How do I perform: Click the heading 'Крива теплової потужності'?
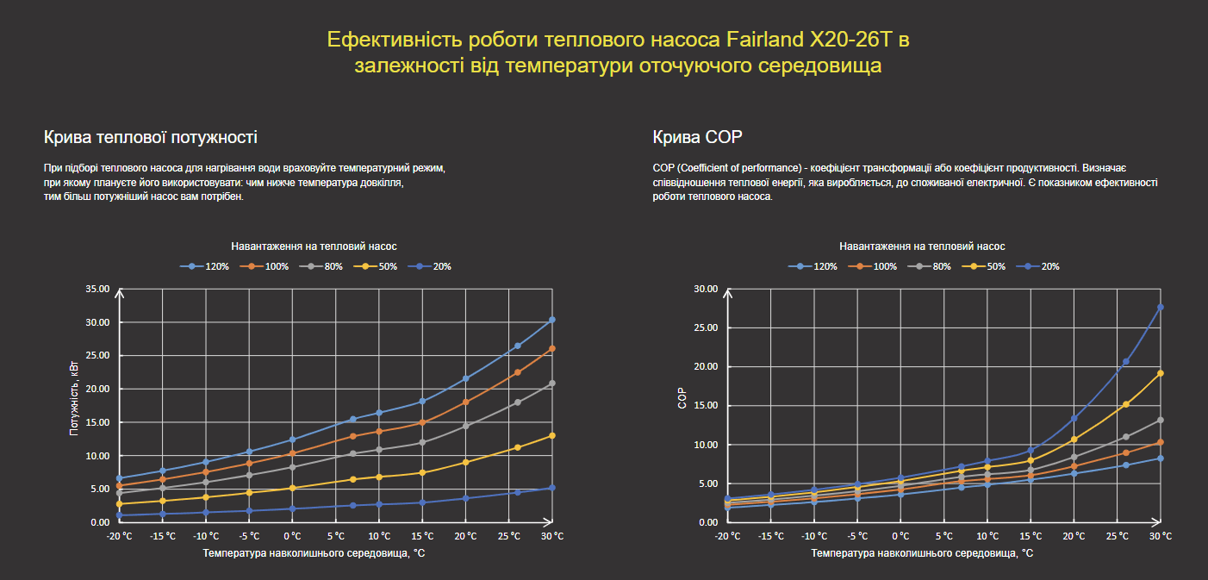(x=150, y=137)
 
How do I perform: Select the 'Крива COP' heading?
(x=697, y=137)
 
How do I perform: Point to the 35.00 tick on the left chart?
(x=97, y=289)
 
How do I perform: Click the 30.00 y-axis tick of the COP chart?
(x=706, y=289)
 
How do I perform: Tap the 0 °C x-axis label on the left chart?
(x=292, y=536)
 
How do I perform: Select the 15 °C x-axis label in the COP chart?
(x=1031, y=536)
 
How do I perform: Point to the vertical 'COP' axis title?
(x=682, y=401)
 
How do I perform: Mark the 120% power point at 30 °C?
(x=552, y=320)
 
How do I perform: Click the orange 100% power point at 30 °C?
(x=552, y=348)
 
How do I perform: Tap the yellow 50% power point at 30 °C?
(x=552, y=435)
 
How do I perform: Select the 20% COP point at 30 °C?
(x=1161, y=307)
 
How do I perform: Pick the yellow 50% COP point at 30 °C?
(x=1161, y=373)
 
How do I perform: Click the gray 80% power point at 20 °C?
(x=465, y=426)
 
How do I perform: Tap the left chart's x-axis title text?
(x=314, y=552)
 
